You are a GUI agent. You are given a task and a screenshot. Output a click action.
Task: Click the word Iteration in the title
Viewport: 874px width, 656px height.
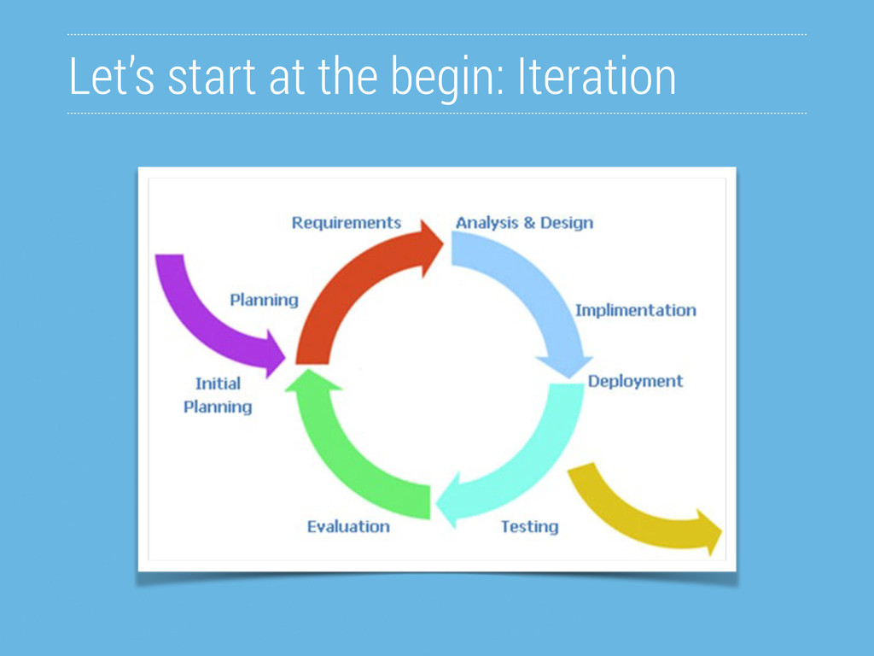click(597, 76)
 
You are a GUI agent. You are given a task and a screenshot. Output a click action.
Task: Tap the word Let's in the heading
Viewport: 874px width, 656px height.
click(112, 76)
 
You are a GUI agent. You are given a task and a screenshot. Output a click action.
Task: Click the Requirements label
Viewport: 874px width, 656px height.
click(347, 223)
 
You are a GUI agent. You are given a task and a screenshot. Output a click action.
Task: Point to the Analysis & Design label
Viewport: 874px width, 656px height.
click(525, 223)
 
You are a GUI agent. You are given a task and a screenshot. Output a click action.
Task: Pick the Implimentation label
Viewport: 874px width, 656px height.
click(635, 310)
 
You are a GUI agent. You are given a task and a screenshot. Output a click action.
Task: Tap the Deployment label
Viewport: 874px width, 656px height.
click(635, 381)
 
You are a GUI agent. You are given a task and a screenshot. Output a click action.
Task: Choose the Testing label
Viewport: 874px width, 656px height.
click(529, 526)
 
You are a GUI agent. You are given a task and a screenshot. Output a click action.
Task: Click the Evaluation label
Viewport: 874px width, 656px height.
click(348, 526)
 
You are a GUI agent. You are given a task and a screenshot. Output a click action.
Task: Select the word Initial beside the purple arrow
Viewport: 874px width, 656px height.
click(218, 384)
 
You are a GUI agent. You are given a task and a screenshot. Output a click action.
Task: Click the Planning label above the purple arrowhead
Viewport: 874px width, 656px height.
click(265, 300)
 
